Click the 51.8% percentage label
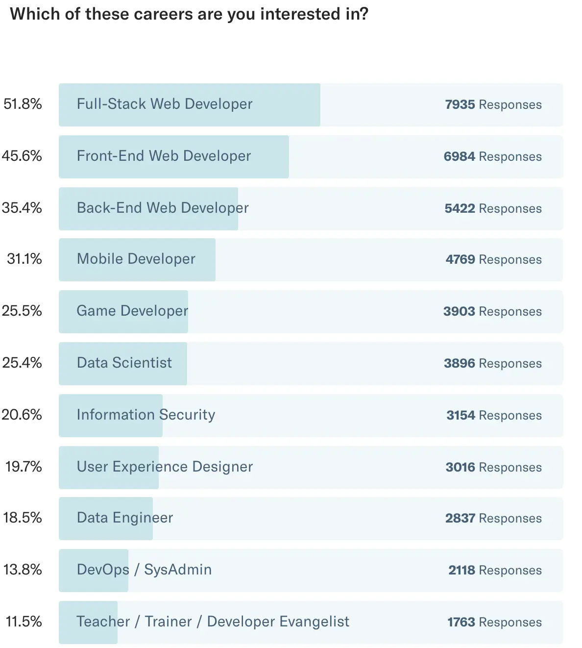[23, 104]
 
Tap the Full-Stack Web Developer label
[165, 104]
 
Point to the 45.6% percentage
[22, 156]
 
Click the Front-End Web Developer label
[164, 156]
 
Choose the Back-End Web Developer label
[163, 208]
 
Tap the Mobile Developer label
[136, 259]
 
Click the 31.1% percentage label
[24, 259]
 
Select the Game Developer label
[132, 311]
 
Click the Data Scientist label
[124, 363]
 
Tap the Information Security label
[146, 415]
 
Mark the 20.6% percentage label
[22, 415]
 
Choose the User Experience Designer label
[165, 467]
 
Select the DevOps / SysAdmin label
[144, 570]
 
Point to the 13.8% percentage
[23, 570]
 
